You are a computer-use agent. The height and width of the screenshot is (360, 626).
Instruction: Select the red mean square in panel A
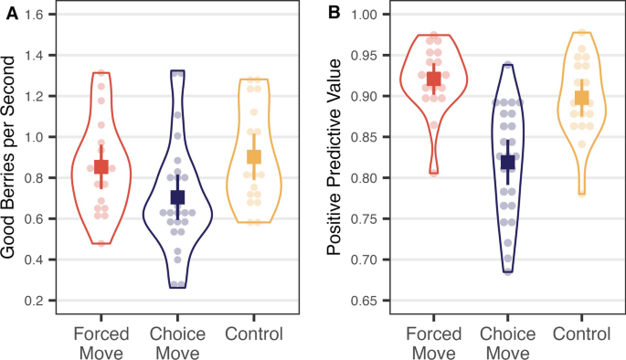[x=102, y=166]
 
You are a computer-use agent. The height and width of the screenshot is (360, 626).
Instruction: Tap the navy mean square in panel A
[x=177, y=196]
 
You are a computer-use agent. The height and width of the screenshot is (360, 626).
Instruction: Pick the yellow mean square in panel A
[x=253, y=157]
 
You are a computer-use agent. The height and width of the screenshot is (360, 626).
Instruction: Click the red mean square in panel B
[x=433, y=79]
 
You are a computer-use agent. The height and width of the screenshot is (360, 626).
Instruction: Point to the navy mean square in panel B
[x=507, y=163]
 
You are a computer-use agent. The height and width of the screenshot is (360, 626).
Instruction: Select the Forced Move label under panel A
[x=101, y=342]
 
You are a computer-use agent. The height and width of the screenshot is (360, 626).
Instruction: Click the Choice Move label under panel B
[x=507, y=342]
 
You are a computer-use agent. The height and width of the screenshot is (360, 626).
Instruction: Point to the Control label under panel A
[x=253, y=334]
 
